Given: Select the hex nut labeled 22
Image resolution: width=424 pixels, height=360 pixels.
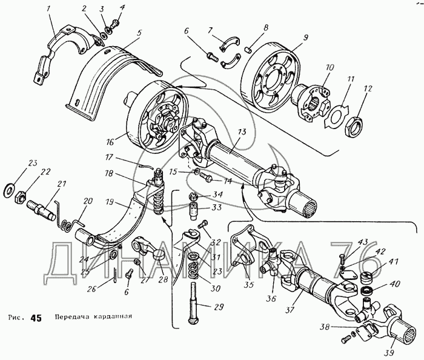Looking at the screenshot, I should click(x=19, y=197).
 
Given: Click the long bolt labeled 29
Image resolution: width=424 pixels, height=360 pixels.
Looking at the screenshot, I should click(x=194, y=301).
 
